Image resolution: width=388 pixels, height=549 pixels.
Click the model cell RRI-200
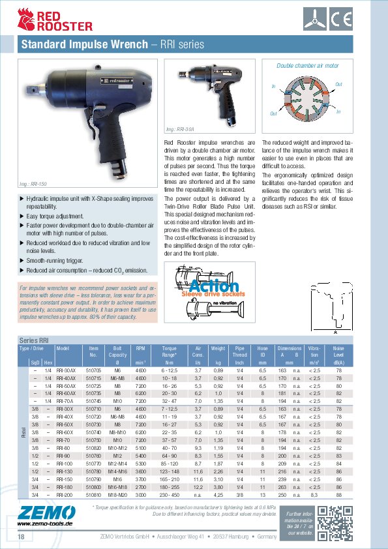[65, 494]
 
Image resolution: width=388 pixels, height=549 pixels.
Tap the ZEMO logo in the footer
[40, 515]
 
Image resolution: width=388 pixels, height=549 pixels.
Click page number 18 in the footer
[21, 536]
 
